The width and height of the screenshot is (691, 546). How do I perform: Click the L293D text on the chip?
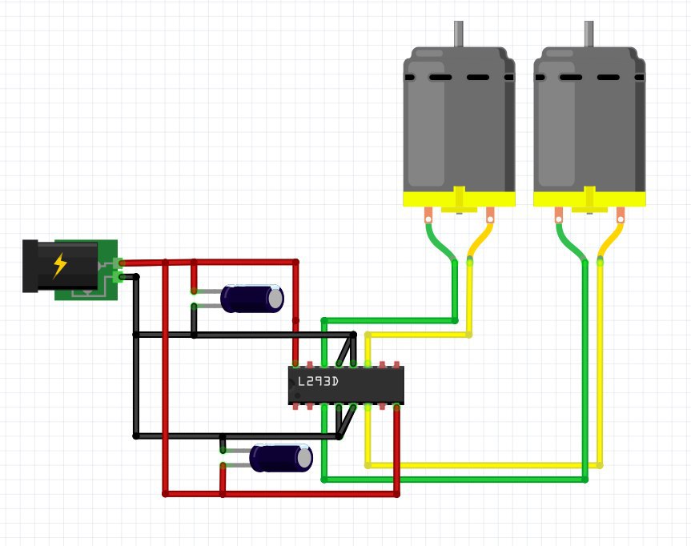point(318,382)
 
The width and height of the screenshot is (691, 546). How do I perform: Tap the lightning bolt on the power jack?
point(60,265)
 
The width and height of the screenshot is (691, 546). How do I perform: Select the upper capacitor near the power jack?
point(252,299)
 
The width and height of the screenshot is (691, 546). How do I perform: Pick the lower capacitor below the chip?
point(280,459)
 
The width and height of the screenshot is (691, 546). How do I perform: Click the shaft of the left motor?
point(459,34)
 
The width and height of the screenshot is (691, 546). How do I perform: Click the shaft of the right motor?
point(589,34)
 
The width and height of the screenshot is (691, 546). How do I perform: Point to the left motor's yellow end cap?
point(459,199)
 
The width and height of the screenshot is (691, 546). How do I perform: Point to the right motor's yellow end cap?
point(589,199)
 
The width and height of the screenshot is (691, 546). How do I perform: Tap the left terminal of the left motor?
point(429,215)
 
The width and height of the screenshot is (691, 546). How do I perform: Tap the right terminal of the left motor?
point(490,215)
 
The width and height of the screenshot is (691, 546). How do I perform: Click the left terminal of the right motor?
point(559,215)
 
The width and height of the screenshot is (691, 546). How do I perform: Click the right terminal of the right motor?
point(621,215)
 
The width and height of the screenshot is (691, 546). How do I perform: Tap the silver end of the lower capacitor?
point(305,459)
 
